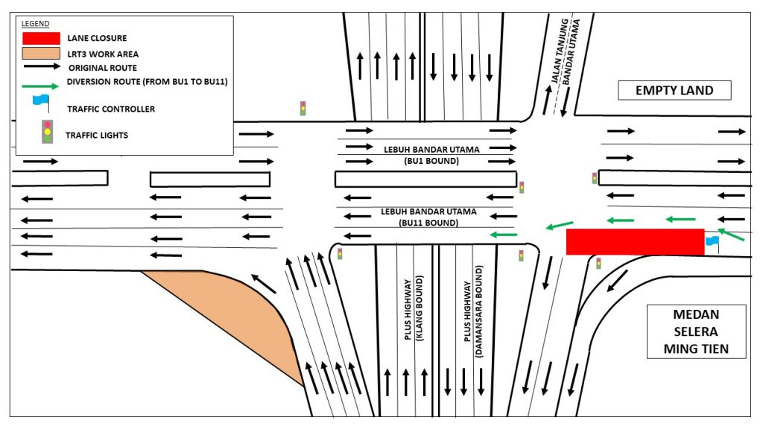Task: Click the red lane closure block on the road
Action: pyautogui.click(x=635, y=241)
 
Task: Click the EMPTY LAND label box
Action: pyautogui.click(x=674, y=91)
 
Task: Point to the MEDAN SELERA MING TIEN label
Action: pyautogui.click(x=696, y=331)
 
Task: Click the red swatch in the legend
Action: pyautogui.click(x=41, y=37)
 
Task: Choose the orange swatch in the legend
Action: pyautogui.click(x=41, y=54)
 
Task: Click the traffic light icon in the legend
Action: pyautogui.click(x=48, y=132)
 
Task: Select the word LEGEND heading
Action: pyautogui.click(x=36, y=24)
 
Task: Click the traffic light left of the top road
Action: pyautogui.click(x=303, y=108)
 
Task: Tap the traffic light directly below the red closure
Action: pyautogui.click(x=598, y=263)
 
